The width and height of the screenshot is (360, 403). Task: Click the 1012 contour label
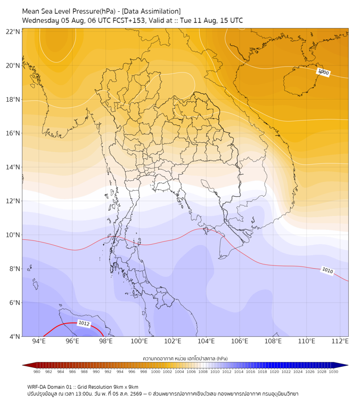[84, 323]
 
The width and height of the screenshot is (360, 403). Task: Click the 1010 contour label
[328, 270]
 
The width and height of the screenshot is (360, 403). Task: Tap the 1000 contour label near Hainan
[323, 72]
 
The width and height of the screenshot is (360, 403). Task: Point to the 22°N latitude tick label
[13, 31]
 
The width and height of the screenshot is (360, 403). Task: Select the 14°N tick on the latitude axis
[13, 167]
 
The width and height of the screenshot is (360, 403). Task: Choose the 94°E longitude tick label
[39, 341]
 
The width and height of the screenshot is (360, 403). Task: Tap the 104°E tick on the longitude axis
[206, 341]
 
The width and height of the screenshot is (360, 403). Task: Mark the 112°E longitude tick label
[340, 341]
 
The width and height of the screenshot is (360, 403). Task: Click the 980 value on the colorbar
[37, 372]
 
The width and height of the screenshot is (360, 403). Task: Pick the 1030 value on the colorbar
[333, 372]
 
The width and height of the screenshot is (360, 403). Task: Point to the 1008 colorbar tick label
[203, 372]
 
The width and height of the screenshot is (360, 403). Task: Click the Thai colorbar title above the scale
[185, 358]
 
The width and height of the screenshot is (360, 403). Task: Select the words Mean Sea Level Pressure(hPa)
[69, 11]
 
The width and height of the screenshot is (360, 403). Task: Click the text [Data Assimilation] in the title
[151, 11]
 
